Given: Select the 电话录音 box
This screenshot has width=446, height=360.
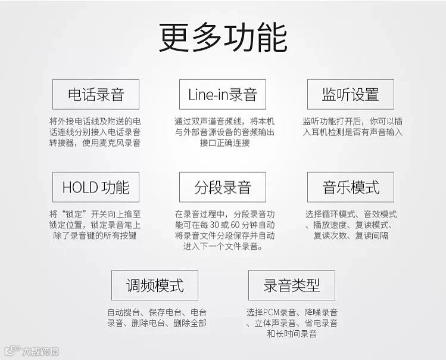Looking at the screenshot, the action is [x=95, y=94].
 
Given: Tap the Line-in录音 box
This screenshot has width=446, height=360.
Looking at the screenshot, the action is [x=222, y=94].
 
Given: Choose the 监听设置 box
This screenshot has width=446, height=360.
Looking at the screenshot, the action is [x=350, y=94].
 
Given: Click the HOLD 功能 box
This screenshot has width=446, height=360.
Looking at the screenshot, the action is [x=95, y=187].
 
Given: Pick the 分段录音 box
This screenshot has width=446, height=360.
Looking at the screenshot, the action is [x=222, y=187].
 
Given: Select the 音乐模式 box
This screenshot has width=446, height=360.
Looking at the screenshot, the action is [x=350, y=187].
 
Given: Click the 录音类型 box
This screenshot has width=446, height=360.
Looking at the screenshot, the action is [x=291, y=285].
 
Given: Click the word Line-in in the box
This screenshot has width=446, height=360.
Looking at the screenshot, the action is [x=208, y=94].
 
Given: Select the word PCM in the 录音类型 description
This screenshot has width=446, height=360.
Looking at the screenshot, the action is [x=271, y=312].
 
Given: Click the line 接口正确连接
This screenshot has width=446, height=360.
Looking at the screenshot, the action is [x=222, y=143].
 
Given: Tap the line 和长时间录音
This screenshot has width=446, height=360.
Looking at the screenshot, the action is [x=292, y=334].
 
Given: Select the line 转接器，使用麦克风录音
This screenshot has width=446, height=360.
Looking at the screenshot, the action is [x=95, y=143].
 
